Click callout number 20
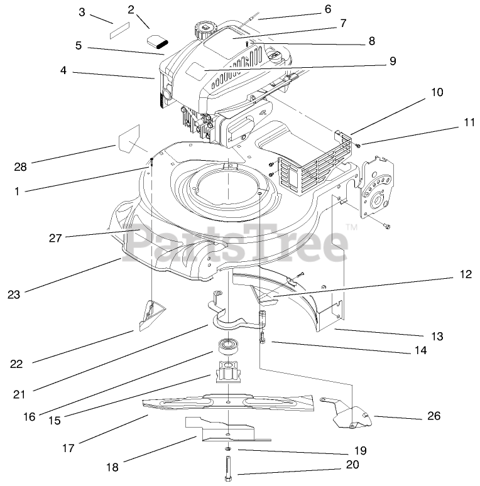(352, 465)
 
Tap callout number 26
(434, 416)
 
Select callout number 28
(21, 166)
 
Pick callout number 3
(82, 12)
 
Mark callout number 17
(68, 448)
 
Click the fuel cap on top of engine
(205, 29)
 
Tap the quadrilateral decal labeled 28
(130, 139)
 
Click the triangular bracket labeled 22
(150, 312)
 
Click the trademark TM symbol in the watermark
(352, 227)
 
